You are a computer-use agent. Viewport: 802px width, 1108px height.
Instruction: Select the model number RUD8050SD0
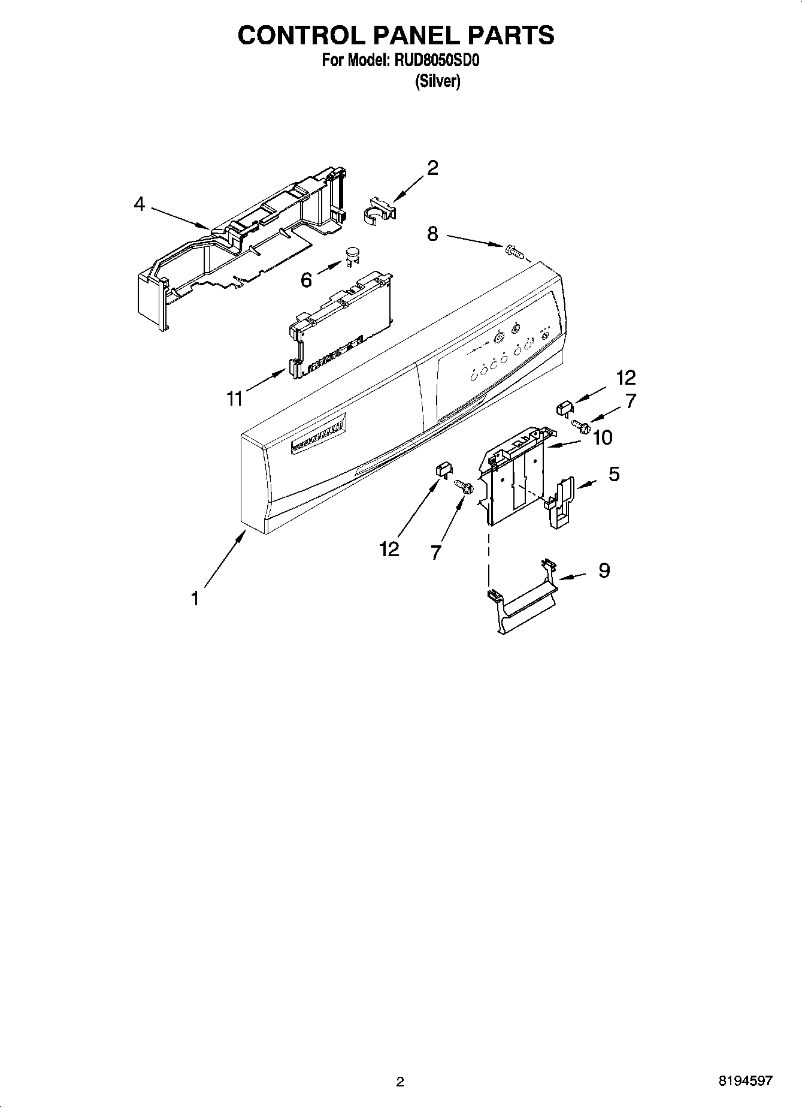[437, 61]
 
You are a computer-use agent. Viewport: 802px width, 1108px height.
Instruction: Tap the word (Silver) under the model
[438, 81]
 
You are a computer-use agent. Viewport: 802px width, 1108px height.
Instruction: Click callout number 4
[139, 204]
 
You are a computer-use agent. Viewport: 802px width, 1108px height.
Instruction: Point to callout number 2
[432, 168]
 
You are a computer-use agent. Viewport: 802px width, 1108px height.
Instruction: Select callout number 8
[432, 234]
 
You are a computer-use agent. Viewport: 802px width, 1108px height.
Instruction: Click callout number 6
[306, 279]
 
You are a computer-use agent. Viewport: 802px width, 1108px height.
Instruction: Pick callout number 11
[235, 398]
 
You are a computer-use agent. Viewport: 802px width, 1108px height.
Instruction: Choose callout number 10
[603, 438]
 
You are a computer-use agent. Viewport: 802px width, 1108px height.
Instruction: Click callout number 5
[614, 474]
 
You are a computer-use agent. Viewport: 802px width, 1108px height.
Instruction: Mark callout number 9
[604, 570]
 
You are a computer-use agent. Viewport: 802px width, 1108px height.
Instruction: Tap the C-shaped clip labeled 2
[379, 212]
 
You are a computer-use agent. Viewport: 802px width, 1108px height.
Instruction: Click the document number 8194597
[745, 1081]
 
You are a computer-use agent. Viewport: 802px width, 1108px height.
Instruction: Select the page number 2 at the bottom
[400, 1082]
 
